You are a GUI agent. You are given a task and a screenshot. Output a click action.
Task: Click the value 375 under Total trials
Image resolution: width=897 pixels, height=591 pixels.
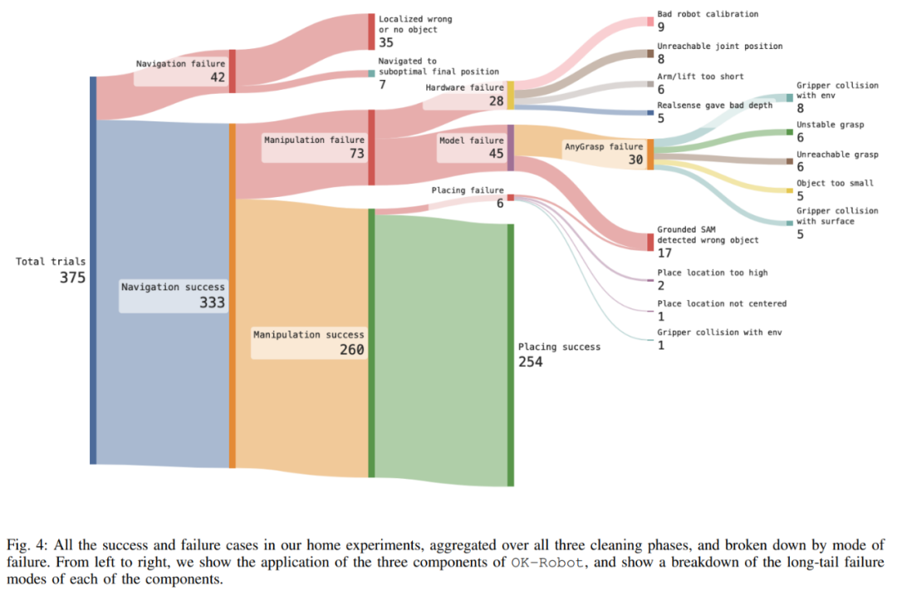(x=72, y=278)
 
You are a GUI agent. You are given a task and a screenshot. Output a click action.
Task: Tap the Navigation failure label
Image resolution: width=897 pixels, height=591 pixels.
(x=180, y=63)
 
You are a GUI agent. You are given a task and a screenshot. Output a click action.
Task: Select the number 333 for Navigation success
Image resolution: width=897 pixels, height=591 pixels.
(x=212, y=303)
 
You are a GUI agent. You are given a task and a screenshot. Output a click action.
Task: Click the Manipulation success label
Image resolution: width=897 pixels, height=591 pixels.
(x=309, y=334)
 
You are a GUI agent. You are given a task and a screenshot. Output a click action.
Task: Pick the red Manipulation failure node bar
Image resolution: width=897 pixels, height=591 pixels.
(x=371, y=147)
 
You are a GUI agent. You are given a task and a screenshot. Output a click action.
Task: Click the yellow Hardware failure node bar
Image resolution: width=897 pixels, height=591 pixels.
(x=511, y=95)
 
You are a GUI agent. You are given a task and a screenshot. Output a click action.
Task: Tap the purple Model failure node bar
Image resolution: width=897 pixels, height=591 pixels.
(x=511, y=147)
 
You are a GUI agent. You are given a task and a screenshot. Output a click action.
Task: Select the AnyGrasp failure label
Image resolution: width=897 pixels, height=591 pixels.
(x=603, y=146)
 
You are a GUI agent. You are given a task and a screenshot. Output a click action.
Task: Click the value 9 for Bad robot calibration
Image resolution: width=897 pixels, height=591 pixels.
(x=661, y=27)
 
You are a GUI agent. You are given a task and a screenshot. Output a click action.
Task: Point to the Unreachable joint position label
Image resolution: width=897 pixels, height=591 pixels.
(x=719, y=47)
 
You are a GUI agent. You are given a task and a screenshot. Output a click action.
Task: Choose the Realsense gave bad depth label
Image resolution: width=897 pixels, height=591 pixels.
(x=714, y=106)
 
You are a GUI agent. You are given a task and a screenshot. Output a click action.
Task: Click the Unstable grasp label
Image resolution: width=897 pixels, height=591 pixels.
(x=830, y=125)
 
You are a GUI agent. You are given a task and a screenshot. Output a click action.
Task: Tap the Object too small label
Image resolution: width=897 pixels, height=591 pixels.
(x=835, y=183)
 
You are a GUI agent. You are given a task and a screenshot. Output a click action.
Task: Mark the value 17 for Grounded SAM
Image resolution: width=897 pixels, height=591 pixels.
(x=664, y=253)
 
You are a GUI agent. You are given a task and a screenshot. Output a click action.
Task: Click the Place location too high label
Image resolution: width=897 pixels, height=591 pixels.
(x=712, y=273)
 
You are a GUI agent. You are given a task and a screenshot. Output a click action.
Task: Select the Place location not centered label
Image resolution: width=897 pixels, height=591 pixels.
(x=721, y=303)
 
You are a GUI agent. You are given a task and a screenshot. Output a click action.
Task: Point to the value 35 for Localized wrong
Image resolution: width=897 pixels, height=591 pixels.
(x=386, y=42)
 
